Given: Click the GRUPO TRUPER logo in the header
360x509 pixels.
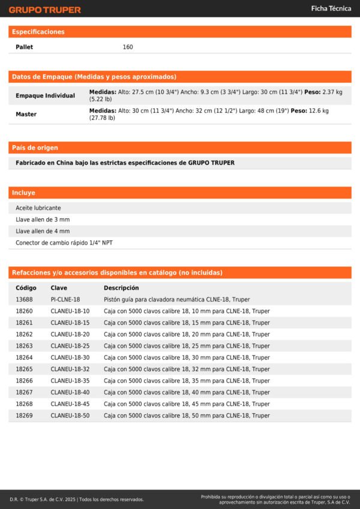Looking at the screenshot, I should (x=44, y=10).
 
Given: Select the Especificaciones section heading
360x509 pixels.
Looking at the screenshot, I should (x=38, y=32).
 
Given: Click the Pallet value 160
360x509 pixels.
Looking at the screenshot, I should (x=128, y=47).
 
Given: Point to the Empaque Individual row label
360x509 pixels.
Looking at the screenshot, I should (x=45, y=95).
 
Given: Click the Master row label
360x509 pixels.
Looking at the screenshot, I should (x=26, y=114).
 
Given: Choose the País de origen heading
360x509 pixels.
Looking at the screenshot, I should (x=35, y=147).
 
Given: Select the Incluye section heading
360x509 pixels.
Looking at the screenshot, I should (x=24, y=193).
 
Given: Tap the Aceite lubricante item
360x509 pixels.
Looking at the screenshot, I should (x=38, y=208).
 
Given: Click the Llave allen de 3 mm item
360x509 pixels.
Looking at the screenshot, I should (x=43, y=219).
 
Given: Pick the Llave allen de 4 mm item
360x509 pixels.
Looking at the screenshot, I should (x=43, y=231).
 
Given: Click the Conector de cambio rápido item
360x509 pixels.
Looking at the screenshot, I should (x=64, y=243).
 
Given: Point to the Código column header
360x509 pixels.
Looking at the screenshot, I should (x=26, y=288).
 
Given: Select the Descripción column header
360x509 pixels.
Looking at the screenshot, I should (x=121, y=288).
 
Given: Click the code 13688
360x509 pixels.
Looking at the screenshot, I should (x=24, y=299).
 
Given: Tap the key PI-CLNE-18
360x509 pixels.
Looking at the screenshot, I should (x=65, y=299).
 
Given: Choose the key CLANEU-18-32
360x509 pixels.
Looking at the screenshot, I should (x=70, y=369).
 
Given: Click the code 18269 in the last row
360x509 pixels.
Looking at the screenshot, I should (x=24, y=415).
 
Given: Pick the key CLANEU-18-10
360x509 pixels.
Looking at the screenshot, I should (x=70, y=311).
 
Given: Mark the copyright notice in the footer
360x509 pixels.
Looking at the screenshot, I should (x=77, y=499).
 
